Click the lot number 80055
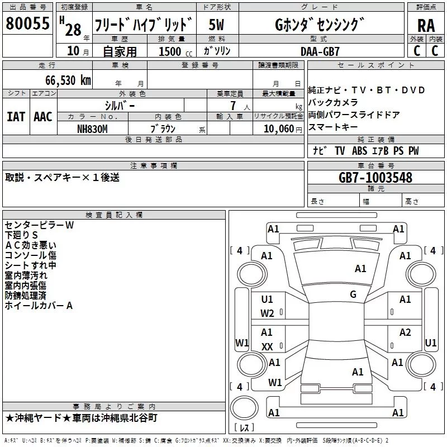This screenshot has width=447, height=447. point(27,24)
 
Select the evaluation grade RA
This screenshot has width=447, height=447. point(426,25)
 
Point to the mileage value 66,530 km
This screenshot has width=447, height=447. point(61,80)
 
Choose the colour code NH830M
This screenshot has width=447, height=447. point(93,128)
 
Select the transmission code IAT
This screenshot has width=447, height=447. point(16,116)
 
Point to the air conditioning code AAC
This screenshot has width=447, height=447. point(42,116)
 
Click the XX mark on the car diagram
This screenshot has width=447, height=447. point(267,347)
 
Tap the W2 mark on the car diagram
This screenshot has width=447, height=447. point(267,313)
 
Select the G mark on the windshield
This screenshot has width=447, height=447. point(353,294)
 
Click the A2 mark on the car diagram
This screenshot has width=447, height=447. point(405,332)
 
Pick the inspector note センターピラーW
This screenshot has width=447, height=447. point(39,225)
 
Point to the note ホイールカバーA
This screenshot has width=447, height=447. point(39,306)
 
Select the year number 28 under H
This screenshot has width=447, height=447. point(73,30)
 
